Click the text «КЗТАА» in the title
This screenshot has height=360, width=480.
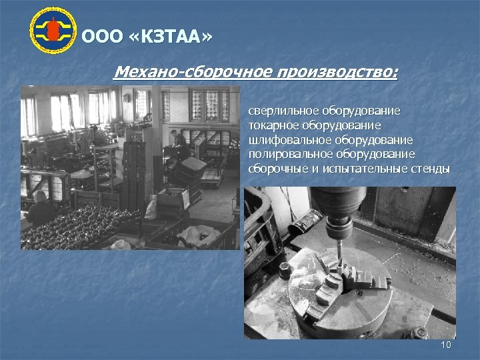[173, 37]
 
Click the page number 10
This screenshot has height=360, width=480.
[446, 344]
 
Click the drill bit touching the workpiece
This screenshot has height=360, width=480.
[339, 257]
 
